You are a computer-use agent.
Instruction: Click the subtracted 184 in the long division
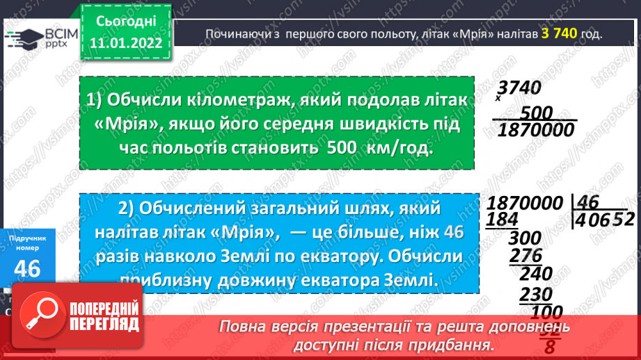[503, 220]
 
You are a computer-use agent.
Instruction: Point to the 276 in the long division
[525, 256]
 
